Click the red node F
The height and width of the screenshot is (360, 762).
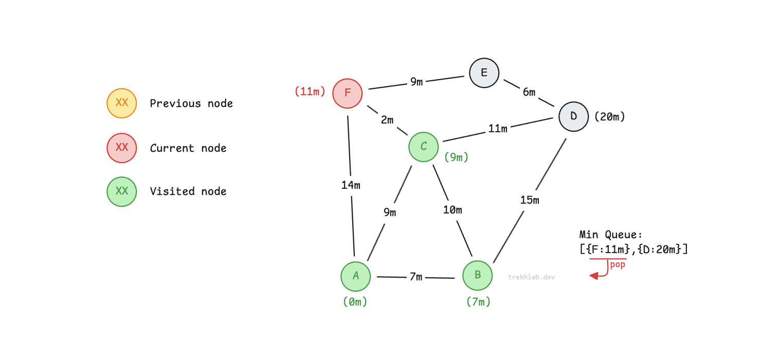(x=348, y=93)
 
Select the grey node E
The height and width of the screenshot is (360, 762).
(x=484, y=73)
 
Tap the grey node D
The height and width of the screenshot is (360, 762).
(x=573, y=117)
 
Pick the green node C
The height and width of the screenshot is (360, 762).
(x=424, y=147)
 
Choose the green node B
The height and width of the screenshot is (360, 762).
(x=478, y=276)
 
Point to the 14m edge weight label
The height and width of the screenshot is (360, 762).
(x=351, y=185)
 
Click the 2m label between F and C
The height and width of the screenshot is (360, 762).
(x=387, y=120)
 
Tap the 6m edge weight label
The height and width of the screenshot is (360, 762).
(x=529, y=92)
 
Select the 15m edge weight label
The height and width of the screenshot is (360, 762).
(x=529, y=200)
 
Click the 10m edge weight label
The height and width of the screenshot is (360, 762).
(x=452, y=210)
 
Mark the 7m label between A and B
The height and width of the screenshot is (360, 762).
(x=416, y=277)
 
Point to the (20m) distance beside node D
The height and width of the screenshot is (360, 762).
(x=610, y=117)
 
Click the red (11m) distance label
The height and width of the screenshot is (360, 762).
(x=310, y=92)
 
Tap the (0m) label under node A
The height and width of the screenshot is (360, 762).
(x=355, y=302)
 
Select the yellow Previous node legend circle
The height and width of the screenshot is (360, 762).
(x=122, y=103)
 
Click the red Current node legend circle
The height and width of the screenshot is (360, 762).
(x=122, y=148)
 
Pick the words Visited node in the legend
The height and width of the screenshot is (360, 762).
(x=188, y=191)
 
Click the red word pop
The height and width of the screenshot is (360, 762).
(x=618, y=265)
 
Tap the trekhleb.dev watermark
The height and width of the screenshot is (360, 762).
(x=532, y=277)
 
